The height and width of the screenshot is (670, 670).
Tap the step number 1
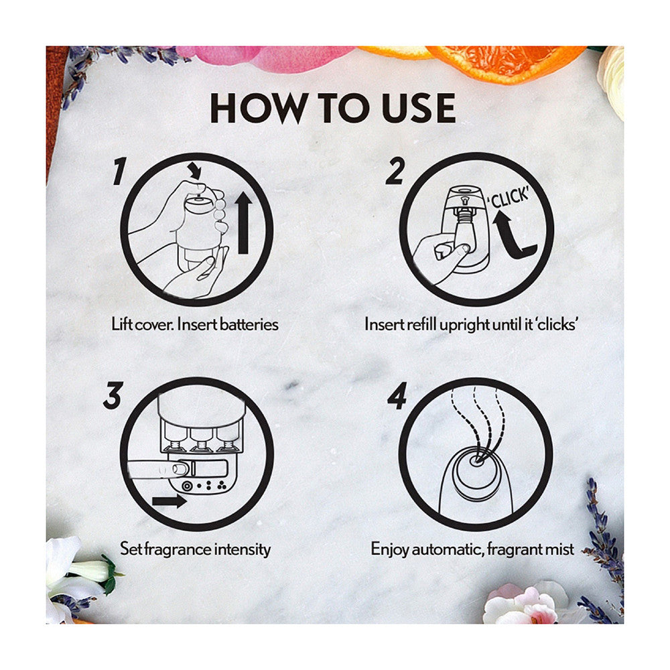pos(119,171)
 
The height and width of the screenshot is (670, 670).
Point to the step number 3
pos(113,395)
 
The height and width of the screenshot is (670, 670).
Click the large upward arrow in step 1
pos(244,222)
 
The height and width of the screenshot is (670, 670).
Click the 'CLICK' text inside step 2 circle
pos(509,198)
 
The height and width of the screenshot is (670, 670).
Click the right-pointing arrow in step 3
pos(170,500)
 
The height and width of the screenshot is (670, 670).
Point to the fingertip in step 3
pos(180,469)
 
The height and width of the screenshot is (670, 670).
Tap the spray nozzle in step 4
pos(476,461)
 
